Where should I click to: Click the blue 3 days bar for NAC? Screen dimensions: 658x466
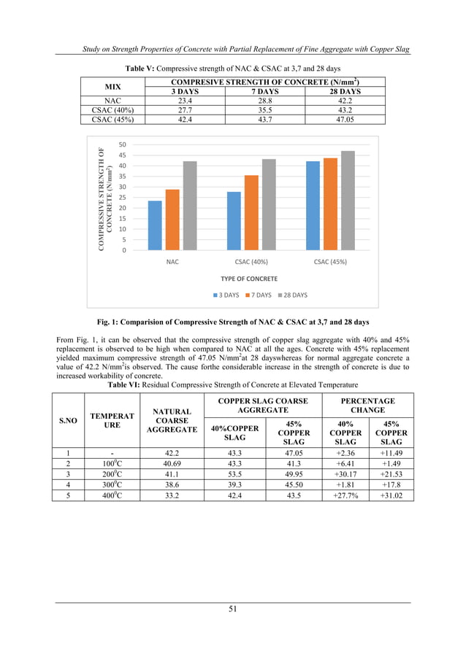[155, 225]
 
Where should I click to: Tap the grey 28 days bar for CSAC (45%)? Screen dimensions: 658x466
[347, 201]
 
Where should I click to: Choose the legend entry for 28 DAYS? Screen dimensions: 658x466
[292, 295]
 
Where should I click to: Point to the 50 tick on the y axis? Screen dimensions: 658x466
[122, 144]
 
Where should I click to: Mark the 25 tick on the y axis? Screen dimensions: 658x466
[122, 198]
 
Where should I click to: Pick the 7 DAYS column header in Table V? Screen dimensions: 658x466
[251, 92]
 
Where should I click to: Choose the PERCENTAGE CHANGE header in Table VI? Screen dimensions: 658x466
[368, 406]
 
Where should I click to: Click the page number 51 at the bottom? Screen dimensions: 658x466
[232, 608]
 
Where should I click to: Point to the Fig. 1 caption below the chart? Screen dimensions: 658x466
[232, 322]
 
